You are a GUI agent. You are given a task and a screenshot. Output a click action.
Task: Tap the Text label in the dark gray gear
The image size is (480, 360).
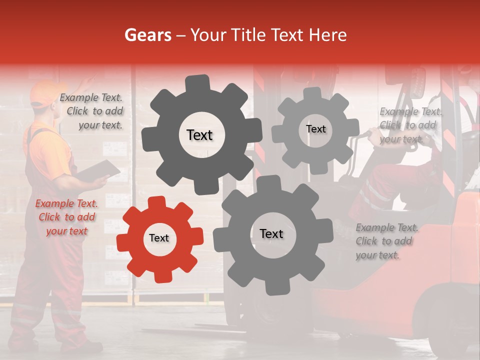pos(199,135)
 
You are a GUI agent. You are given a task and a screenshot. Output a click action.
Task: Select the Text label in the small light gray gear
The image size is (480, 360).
pos(315,129)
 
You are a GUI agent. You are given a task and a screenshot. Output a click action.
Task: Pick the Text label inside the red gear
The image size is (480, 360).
pos(159,238)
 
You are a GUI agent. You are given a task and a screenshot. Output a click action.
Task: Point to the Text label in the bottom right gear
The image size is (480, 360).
pos(271,233)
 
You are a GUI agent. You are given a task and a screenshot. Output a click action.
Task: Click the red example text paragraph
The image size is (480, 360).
pos(66,217)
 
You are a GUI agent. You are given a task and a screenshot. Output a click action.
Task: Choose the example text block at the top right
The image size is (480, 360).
pos(410,125)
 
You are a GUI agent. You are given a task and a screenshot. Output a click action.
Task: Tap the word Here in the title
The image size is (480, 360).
pos(327,35)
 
